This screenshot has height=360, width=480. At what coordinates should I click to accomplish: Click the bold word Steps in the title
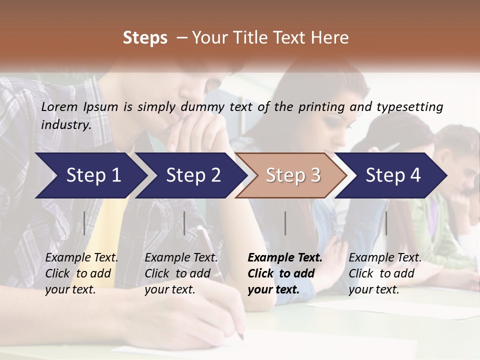pyautogui.click(x=145, y=37)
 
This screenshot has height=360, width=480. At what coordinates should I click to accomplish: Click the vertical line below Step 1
pyautogui.click(x=84, y=223)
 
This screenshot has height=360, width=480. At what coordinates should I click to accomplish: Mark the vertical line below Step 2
pyautogui.click(x=184, y=223)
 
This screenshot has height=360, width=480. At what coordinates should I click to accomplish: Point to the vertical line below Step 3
pyautogui.click(x=285, y=223)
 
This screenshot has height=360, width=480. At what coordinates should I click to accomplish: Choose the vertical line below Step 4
pyautogui.click(x=386, y=223)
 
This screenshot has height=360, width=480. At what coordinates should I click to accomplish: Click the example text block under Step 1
pyautogui.click(x=81, y=273)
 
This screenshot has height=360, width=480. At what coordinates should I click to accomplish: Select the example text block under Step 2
pyautogui.click(x=181, y=273)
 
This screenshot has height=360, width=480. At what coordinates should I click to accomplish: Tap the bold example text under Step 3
pyautogui.click(x=284, y=273)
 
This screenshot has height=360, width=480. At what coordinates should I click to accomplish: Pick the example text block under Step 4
pyautogui.click(x=385, y=273)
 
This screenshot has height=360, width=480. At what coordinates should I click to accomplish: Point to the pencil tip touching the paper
pyautogui.click(x=241, y=336)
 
